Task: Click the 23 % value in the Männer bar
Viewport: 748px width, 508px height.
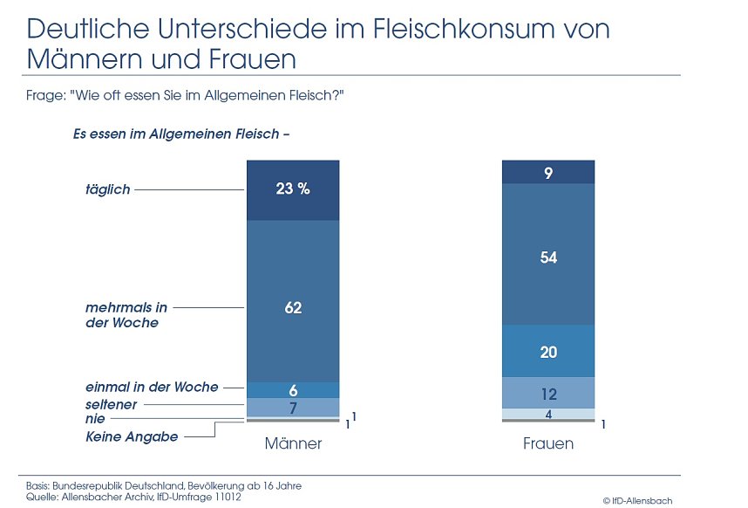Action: (x=293, y=189)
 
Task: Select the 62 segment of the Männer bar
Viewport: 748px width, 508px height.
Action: (x=293, y=307)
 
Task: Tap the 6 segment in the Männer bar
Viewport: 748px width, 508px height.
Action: (x=293, y=389)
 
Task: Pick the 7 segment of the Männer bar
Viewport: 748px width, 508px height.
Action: (x=293, y=407)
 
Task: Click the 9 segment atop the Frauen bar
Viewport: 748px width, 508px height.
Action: (x=548, y=173)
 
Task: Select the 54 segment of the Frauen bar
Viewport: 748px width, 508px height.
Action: (x=548, y=257)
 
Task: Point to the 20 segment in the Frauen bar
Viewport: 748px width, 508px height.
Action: (x=548, y=352)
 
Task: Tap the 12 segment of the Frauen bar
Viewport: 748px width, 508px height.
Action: (x=548, y=394)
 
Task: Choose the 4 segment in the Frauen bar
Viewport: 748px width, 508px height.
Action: (x=548, y=414)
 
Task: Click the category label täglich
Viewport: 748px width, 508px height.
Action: (x=108, y=189)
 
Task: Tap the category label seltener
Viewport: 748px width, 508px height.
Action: (x=112, y=404)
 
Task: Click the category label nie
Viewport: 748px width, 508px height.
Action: (x=95, y=420)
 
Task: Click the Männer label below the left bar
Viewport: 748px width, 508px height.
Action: (x=293, y=443)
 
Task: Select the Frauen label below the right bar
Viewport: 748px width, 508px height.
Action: (x=548, y=443)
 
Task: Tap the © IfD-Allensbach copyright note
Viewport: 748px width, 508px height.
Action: (x=637, y=500)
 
